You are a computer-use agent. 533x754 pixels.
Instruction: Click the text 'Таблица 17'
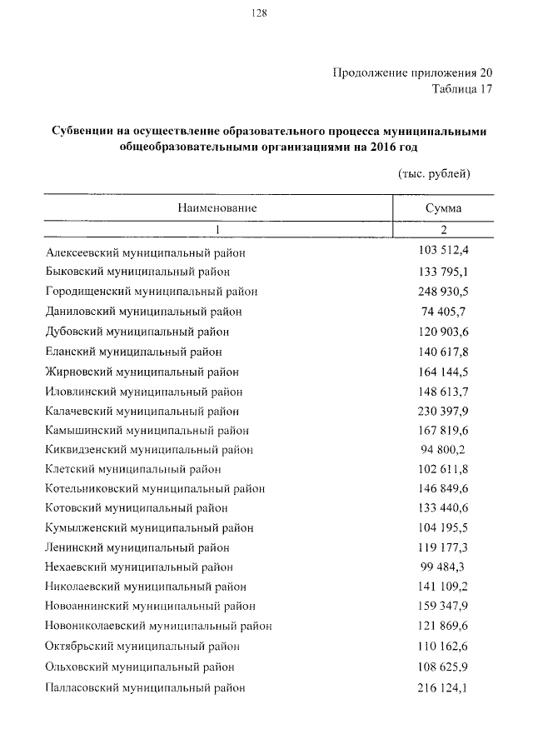(457, 90)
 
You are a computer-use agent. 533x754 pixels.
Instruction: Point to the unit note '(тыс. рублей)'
(429, 174)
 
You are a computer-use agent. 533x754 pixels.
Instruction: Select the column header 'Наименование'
(216, 208)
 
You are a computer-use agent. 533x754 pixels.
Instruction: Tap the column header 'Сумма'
(443, 208)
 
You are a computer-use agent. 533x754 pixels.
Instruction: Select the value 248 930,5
(443, 291)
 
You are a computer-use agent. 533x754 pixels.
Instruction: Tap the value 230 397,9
(443, 410)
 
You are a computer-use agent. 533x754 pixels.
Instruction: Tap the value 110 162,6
(443, 646)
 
